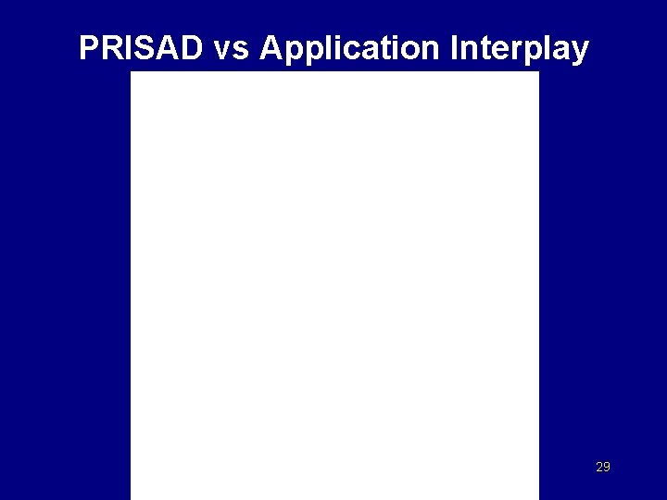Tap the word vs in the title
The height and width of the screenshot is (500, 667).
click(x=231, y=48)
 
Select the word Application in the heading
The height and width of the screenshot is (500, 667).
click(x=350, y=48)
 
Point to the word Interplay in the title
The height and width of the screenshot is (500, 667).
click(x=519, y=48)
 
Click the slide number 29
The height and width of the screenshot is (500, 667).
click(x=602, y=467)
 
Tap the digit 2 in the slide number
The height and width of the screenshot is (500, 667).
click(x=598, y=467)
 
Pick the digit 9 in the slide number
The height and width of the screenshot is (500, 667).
click(x=607, y=467)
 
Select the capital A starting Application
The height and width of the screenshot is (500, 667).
click(x=272, y=48)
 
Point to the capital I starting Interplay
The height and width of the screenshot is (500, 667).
click(x=454, y=48)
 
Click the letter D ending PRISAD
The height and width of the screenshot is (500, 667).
click(x=191, y=48)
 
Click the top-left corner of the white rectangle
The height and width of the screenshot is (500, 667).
click(x=132, y=72)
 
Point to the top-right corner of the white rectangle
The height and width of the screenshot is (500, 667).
click(x=538, y=72)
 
